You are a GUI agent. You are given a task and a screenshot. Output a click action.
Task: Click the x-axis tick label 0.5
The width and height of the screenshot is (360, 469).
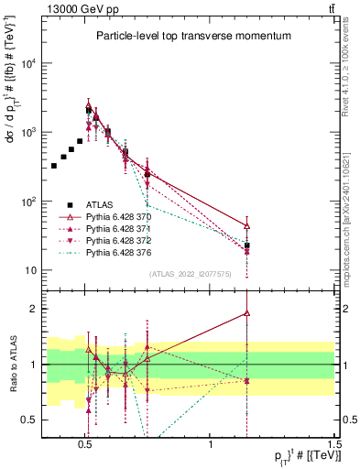(x=85, y=443)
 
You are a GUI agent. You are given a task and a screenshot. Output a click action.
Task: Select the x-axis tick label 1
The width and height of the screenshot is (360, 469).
(x=211, y=443)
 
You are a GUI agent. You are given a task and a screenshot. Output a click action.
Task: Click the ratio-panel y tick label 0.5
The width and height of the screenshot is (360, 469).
(x=27, y=420)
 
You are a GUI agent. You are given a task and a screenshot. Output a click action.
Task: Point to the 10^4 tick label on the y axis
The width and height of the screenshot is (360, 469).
(x=27, y=63)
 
